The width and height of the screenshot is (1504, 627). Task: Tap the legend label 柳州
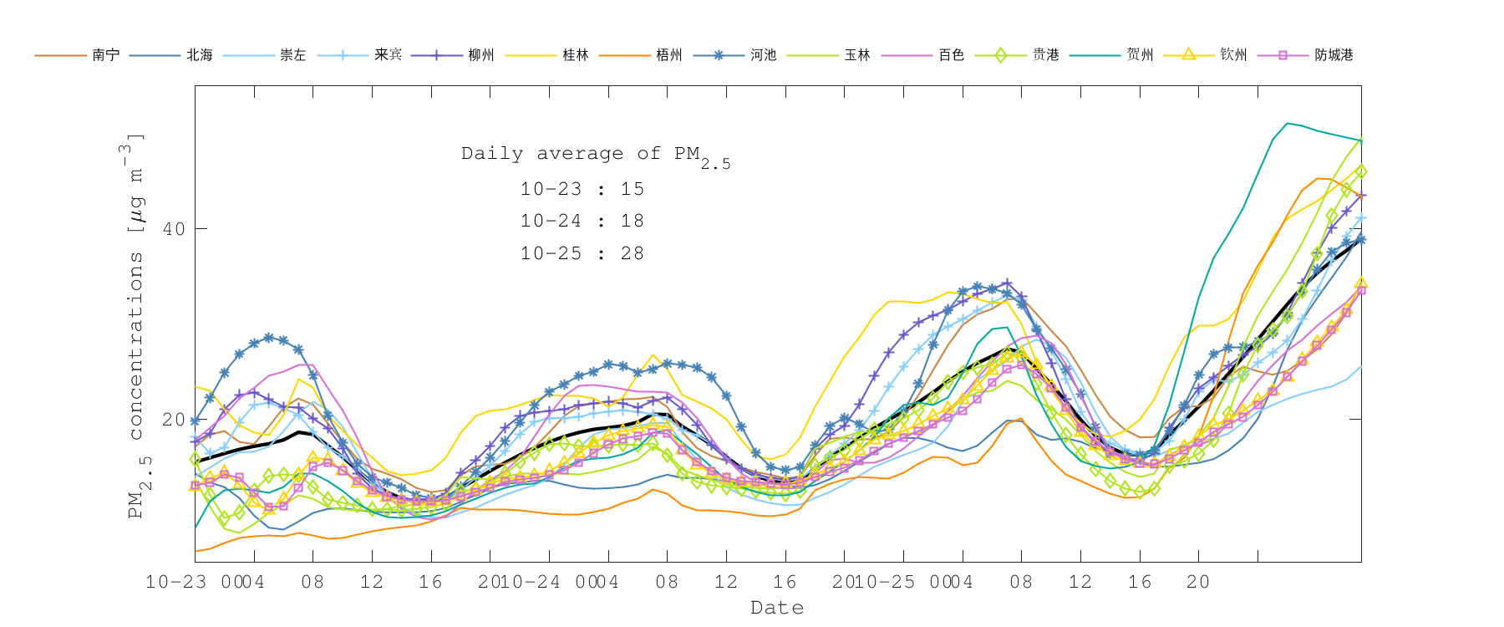click(480, 55)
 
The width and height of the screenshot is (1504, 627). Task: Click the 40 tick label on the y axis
click(174, 229)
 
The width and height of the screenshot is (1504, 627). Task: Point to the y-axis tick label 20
click(174, 420)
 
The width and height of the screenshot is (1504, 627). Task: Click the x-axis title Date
click(777, 608)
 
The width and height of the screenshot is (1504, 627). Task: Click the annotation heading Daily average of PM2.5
click(595, 155)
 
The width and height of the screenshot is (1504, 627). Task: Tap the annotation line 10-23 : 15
click(582, 189)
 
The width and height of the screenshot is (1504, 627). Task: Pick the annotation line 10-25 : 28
click(582, 254)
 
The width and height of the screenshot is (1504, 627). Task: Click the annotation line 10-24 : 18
click(582, 222)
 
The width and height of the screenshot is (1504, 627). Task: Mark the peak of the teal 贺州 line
click(1288, 123)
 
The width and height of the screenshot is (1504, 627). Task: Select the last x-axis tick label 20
click(1198, 582)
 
